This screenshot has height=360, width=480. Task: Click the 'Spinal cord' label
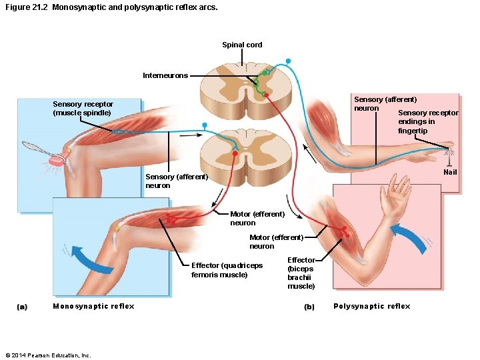pyautogui.click(x=242, y=45)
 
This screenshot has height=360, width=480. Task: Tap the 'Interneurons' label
pyautogui.click(x=165, y=75)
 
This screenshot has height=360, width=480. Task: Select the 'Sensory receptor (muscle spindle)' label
pyautogui.click(x=83, y=109)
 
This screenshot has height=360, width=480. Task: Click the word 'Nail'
pyautogui.click(x=450, y=172)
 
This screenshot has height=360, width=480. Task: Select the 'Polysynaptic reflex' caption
pyautogui.click(x=371, y=306)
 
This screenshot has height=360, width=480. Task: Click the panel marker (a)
pyautogui.click(x=22, y=307)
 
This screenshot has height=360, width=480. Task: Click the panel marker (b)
pyautogui.click(x=309, y=307)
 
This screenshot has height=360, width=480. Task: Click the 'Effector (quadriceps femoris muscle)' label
pyautogui.click(x=227, y=270)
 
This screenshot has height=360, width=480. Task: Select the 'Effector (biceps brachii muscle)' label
pyautogui.click(x=301, y=273)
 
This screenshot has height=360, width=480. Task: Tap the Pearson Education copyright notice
pyautogui.click(x=47, y=355)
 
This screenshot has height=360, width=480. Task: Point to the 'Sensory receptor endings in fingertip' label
pyautogui.click(x=427, y=121)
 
